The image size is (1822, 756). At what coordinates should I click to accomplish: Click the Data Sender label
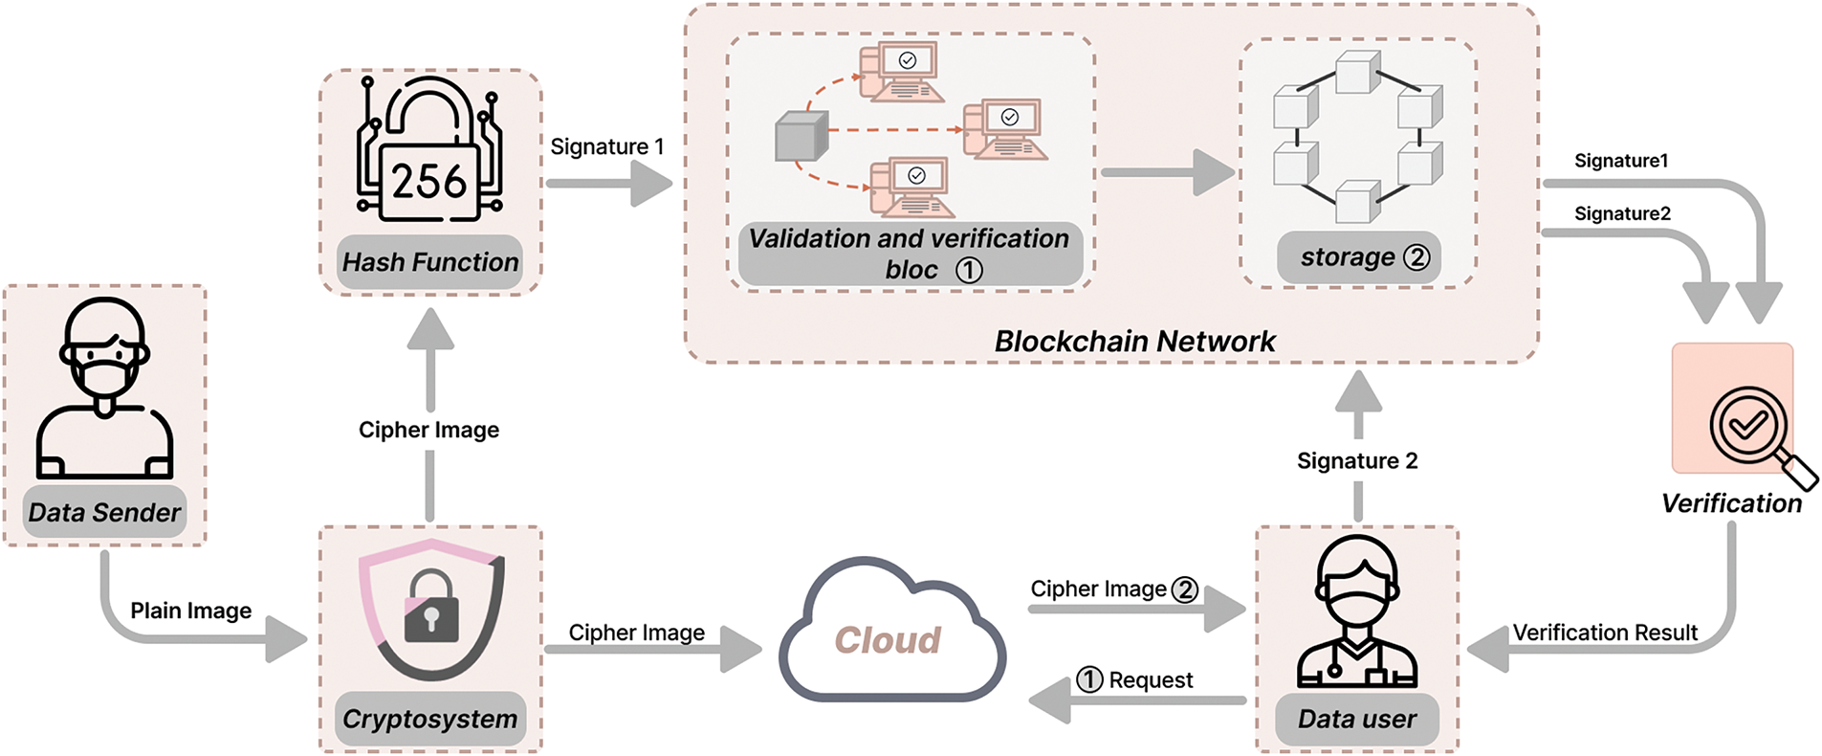click(x=104, y=513)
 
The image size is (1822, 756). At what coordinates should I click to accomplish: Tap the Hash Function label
click(x=430, y=262)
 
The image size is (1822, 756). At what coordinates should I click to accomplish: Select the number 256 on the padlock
click(x=429, y=181)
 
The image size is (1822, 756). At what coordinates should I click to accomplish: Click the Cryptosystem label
click(x=430, y=719)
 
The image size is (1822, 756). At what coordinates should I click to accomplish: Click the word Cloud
click(x=888, y=640)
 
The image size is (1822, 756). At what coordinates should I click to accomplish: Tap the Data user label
click(x=1357, y=719)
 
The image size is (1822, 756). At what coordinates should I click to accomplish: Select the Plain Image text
click(x=191, y=611)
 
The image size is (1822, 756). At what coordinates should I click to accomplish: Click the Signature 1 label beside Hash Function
click(x=607, y=146)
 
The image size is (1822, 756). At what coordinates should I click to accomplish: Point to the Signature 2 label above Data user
click(x=1357, y=461)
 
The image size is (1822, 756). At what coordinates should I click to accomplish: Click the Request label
click(x=1151, y=680)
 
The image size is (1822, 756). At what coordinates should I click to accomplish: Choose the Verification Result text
click(x=1605, y=633)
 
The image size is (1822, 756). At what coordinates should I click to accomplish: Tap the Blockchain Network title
click(x=1135, y=342)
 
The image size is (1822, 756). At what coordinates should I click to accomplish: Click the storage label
click(x=1348, y=256)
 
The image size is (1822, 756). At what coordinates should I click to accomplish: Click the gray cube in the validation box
click(x=801, y=137)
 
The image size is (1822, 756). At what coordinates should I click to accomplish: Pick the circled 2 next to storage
click(x=1416, y=257)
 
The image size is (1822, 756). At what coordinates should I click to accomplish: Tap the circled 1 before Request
click(x=1089, y=679)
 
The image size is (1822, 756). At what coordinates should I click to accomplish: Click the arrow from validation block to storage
click(x=1168, y=173)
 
